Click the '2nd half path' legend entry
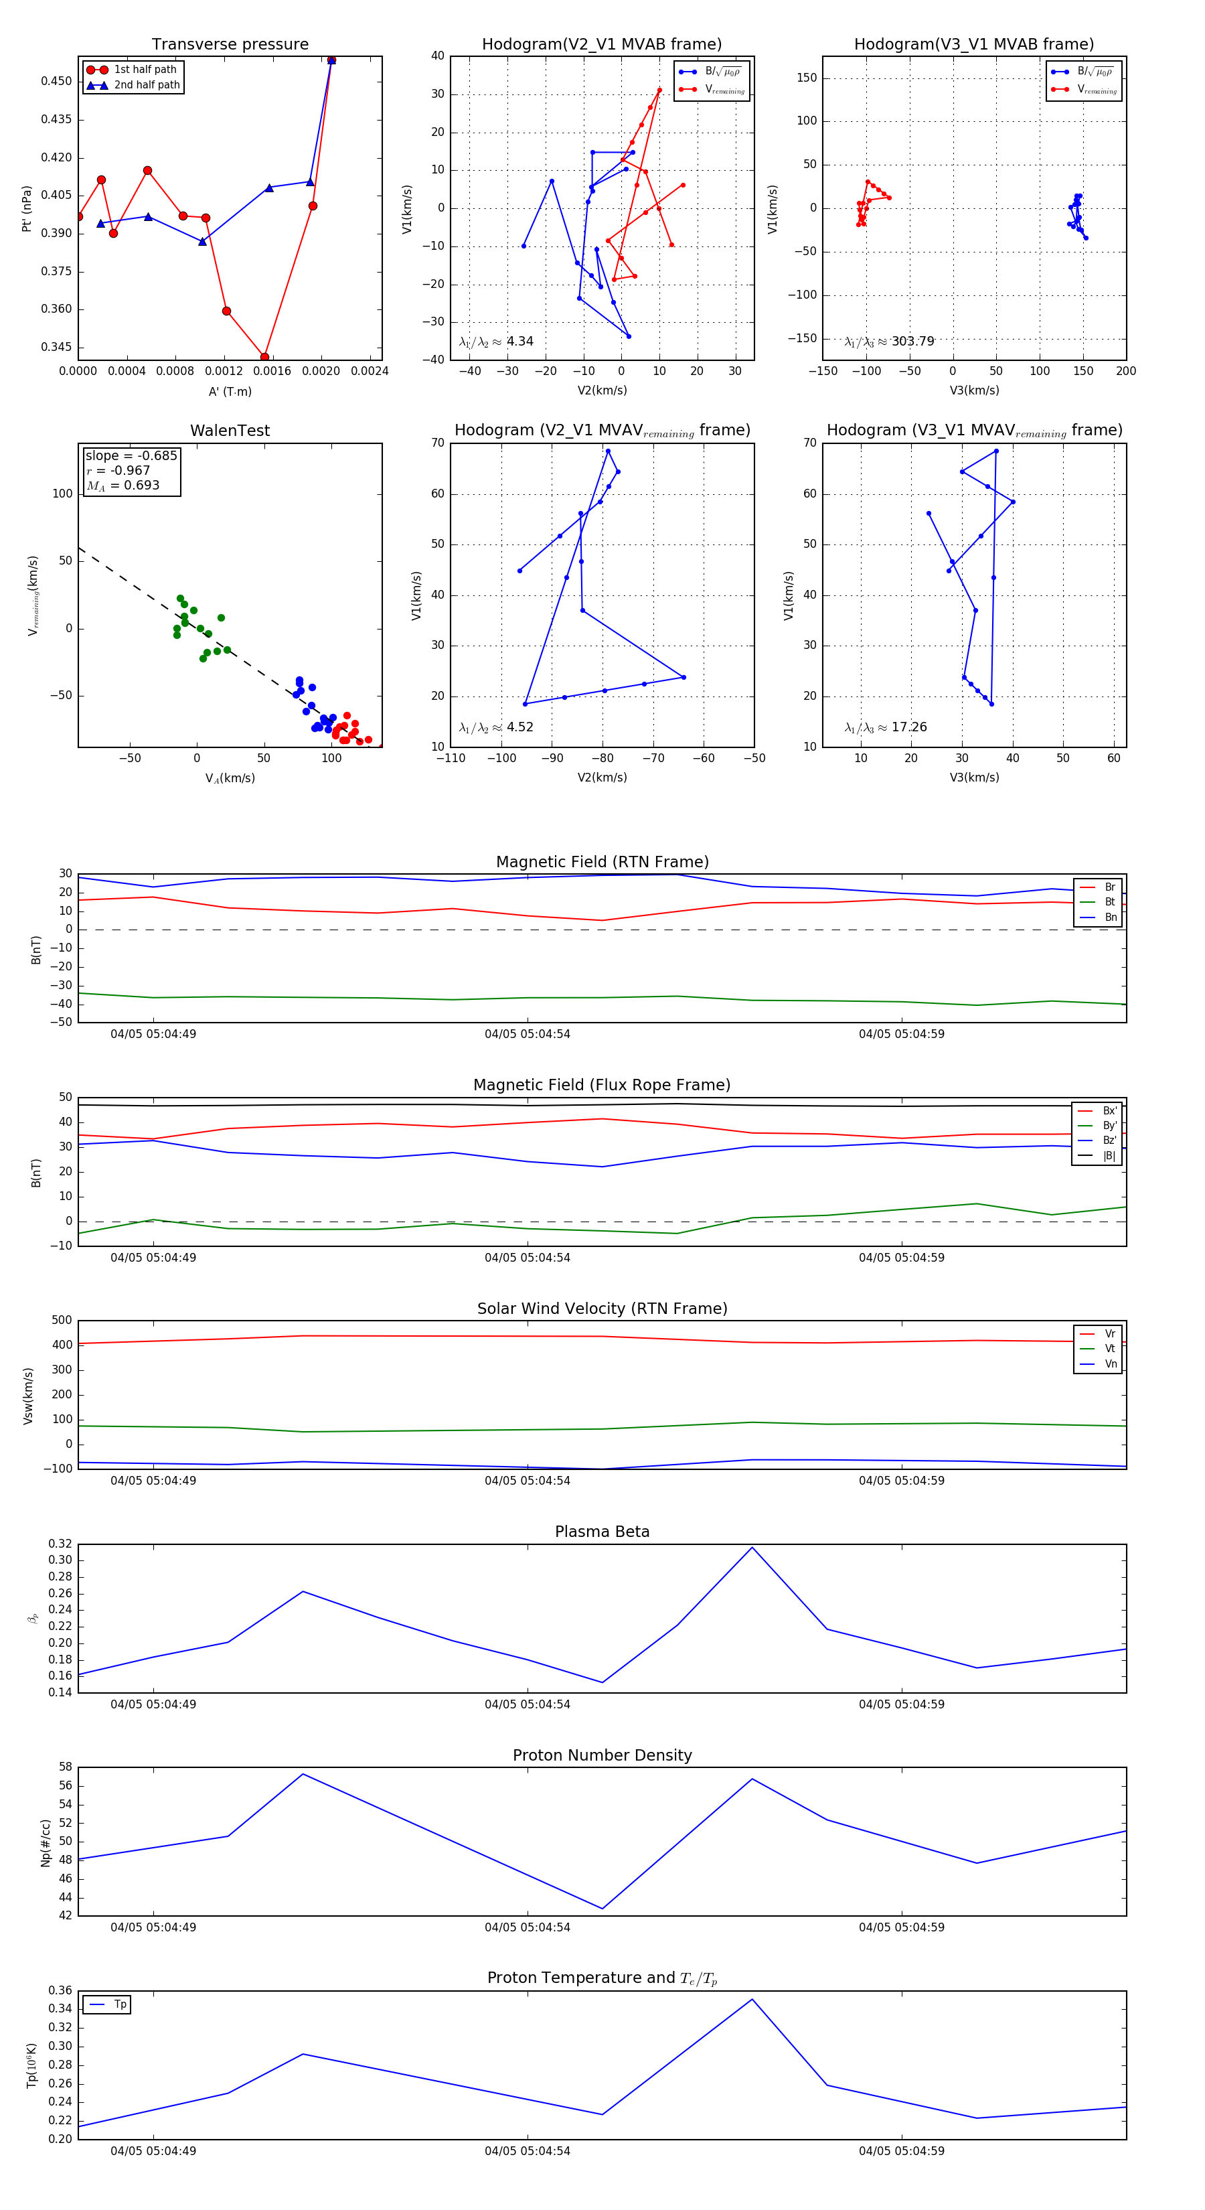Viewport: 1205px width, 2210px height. point(147,85)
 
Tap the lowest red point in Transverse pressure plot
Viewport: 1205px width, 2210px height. point(264,357)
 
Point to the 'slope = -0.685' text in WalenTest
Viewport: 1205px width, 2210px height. point(131,455)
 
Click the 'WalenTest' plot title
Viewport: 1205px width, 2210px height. point(230,431)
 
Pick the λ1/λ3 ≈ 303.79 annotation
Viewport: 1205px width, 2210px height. point(890,342)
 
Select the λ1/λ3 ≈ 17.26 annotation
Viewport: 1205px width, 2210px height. point(885,727)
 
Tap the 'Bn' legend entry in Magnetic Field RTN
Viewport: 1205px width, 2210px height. point(1110,917)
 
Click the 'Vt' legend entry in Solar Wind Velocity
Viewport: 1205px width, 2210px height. point(1110,1349)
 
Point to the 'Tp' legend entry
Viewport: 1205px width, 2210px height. point(120,2004)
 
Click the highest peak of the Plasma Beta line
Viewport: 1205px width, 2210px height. point(752,1548)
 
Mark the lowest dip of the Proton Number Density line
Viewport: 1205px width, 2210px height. point(602,1909)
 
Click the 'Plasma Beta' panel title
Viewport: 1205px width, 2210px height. point(602,1532)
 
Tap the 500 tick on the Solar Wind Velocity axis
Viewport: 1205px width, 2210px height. point(62,1321)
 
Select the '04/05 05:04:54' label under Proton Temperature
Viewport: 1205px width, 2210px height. point(527,2151)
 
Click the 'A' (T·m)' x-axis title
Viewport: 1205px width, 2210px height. point(230,391)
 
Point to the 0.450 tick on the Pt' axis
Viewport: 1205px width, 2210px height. point(57,82)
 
